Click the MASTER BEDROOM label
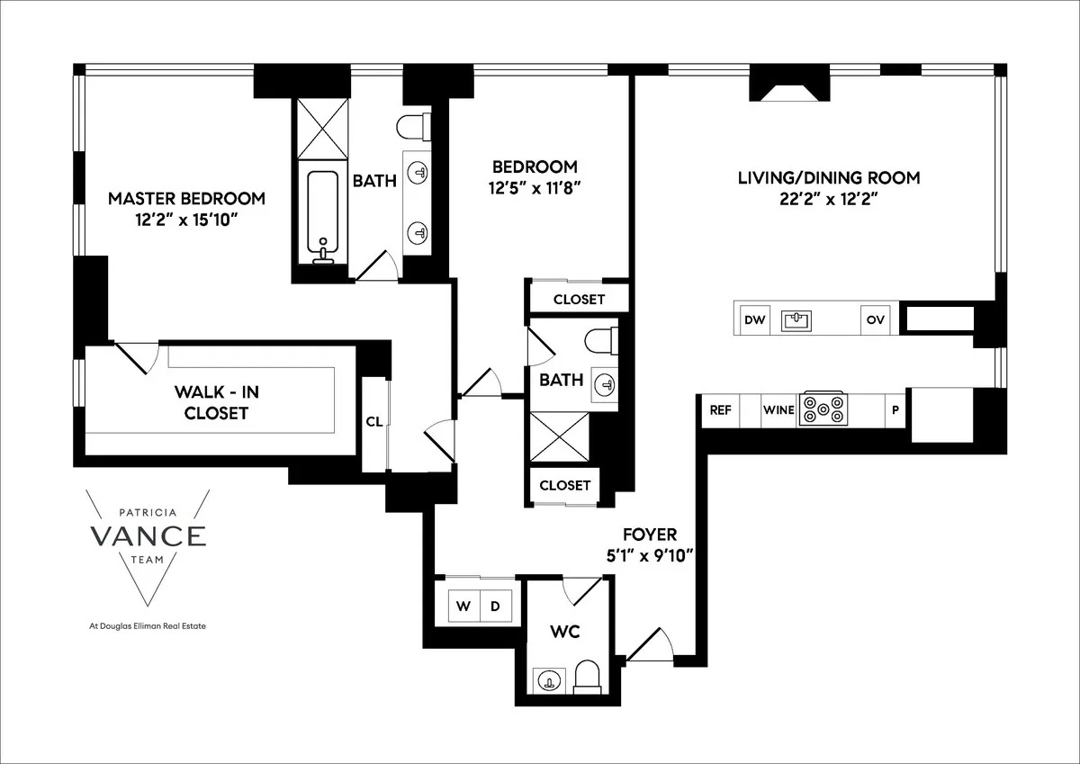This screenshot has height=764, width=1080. tap(186, 198)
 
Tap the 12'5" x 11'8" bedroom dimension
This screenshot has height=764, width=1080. tap(534, 188)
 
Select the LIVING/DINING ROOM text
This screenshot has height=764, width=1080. tap(829, 177)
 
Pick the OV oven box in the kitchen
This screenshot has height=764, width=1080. tap(874, 319)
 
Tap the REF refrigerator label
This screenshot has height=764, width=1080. tap(720, 409)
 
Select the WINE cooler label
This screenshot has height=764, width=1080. tap(778, 409)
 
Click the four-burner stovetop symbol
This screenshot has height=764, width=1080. tap(823, 409)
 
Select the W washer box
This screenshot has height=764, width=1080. tap(463, 606)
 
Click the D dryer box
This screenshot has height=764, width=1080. tap(495, 606)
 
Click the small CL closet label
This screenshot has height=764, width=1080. tap(373, 420)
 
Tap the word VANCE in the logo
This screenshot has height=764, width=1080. tap(148, 535)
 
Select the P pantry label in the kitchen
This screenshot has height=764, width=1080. tap(895, 409)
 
